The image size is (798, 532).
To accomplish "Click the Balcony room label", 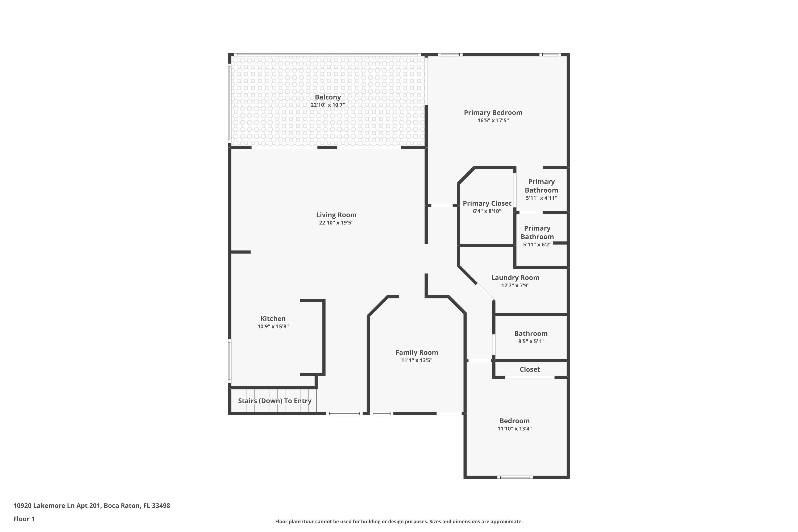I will (x=327, y=97).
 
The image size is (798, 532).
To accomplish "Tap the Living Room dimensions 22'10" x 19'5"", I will (x=336, y=223).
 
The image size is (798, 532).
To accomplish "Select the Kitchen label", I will (x=273, y=319).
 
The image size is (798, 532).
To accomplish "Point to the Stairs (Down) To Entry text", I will (x=275, y=401).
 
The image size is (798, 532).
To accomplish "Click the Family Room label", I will (x=416, y=352).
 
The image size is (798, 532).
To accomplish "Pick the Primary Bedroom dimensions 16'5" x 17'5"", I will (x=493, y=120).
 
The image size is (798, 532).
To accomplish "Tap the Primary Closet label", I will (x=487, y=203).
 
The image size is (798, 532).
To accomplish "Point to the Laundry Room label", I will (x=515, y=277).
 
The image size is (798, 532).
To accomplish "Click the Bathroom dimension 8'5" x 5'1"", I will (x=531, y=341).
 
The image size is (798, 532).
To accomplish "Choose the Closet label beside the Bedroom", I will (x=530, y=369).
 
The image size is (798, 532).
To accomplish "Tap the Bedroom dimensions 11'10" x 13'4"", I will (x=514, y=429).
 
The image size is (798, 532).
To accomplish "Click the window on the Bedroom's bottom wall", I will (x=515, y=477).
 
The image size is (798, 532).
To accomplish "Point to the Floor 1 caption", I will (x=24, y=519).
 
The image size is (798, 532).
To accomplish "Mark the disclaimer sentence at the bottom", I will (x=399, y=521).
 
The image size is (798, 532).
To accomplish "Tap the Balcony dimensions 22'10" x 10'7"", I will (x=327, y=105).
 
